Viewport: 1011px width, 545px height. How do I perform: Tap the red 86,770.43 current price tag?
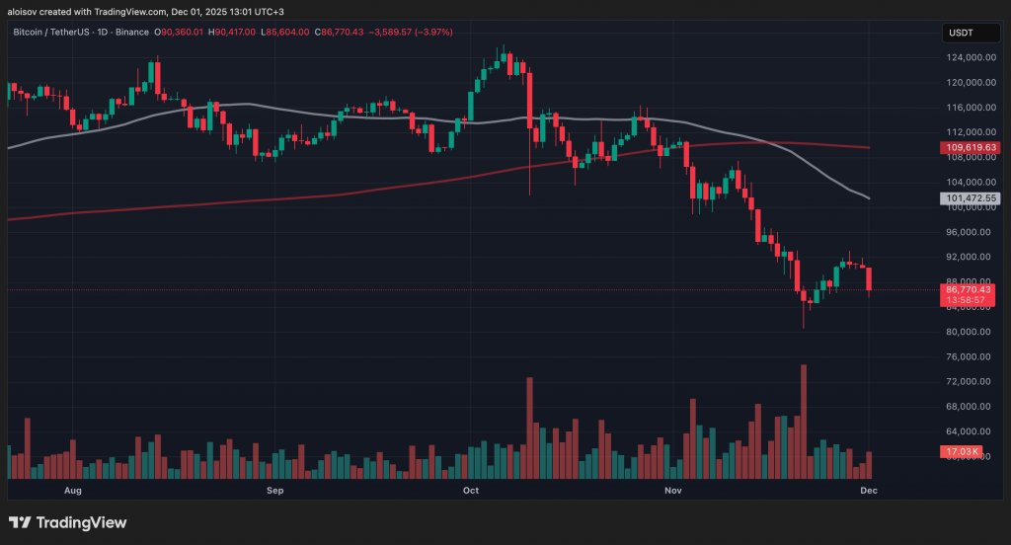tap(967, 289)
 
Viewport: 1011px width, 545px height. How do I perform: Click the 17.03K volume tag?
tap(963, 452)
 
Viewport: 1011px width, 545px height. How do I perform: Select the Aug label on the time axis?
tap(72, 490)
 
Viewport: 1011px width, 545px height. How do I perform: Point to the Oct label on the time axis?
tap(470, 490)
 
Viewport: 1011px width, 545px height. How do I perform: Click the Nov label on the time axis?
tap(672, 490)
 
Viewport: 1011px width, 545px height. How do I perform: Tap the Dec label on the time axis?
tap(869, 490)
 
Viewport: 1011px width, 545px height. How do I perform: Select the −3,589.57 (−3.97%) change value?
tap(411, 33)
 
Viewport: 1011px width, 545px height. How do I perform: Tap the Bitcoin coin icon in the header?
tap(155, 33)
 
